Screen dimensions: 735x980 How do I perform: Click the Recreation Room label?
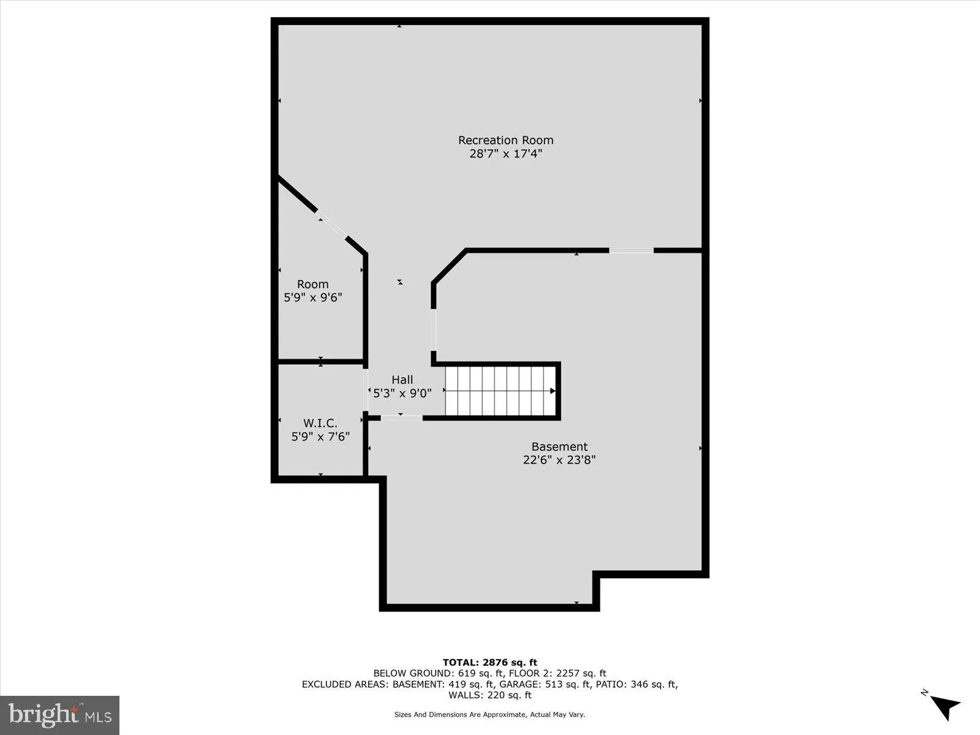[505, 140]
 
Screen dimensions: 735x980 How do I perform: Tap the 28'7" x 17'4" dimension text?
[505, 154]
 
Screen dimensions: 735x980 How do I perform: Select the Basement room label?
[559, 447]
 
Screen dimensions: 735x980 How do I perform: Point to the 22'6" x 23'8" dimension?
[559, 460]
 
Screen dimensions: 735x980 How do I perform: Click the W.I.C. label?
[320, 423]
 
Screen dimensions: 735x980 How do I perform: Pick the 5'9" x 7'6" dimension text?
[320, 437]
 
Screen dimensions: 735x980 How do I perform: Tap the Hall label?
[402, 380]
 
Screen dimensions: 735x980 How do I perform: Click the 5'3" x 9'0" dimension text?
[402, 393]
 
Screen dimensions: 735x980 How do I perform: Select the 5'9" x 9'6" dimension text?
[312, 298]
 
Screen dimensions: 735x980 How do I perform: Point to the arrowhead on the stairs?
[552, 391]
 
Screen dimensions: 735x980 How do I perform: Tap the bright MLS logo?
[60, 715]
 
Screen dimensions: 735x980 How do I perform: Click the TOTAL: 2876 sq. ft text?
[489, 662]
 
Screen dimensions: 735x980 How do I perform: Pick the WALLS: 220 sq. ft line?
[489, 695]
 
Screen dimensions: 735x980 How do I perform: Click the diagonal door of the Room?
[333, 225]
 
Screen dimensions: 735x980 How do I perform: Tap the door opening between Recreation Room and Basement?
[631, 250]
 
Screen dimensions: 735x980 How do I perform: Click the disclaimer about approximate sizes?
[489, 714]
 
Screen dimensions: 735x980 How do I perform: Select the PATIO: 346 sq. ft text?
[637, 684]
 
